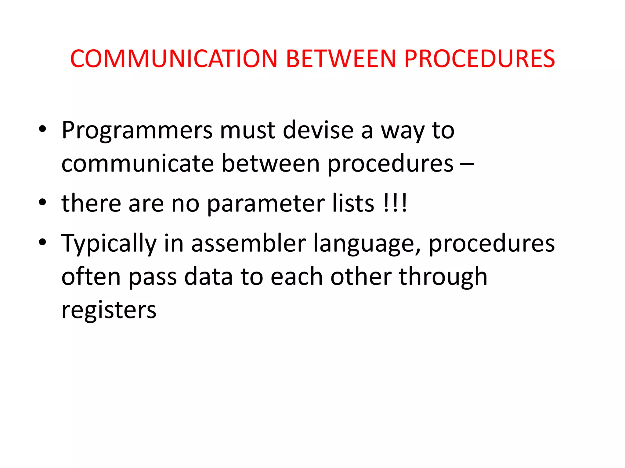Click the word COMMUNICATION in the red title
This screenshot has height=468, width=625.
pos(174,58)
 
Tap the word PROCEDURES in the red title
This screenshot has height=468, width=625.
pos(479,58)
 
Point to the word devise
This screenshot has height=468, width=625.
pos(318,130)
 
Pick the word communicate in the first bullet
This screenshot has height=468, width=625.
pos(138,163)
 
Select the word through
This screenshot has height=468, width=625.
pos(443,277)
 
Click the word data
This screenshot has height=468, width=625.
pos(209,277)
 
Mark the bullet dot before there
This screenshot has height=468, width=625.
pos(42,202)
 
